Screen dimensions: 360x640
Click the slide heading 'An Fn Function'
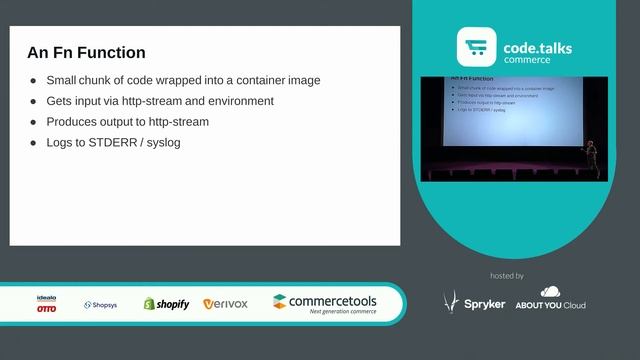86,53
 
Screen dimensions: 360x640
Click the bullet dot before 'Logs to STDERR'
35,143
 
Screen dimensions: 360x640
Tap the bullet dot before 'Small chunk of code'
35,80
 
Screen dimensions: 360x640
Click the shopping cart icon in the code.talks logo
477,48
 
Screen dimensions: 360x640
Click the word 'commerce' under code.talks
527,60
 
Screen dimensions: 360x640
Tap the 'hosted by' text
508,275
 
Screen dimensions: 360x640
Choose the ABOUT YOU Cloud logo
550,300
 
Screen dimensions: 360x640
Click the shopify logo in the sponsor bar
166,304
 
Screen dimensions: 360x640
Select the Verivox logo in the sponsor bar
225,304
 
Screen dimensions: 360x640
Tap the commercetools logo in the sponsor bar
325,303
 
